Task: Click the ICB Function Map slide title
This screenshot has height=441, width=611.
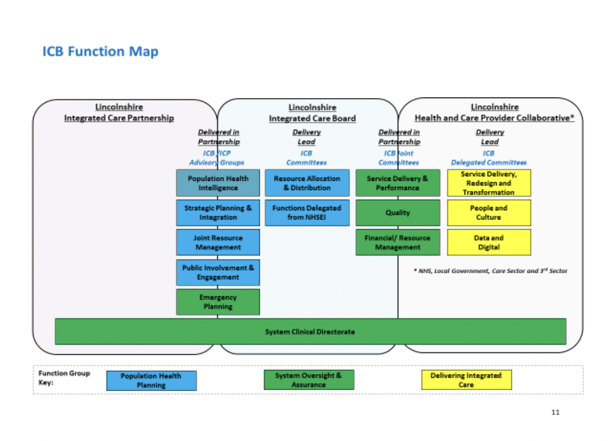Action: [100, 52]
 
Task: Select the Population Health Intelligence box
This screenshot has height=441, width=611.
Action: [218, 183]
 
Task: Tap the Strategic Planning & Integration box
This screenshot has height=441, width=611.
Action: [218, 213]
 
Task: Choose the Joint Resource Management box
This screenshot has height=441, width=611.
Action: [218, 242]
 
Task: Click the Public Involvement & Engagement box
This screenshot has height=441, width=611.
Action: [218, 272]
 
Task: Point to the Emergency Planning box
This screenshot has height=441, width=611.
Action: [218, 302]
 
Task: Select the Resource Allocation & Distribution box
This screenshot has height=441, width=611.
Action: [307, 183]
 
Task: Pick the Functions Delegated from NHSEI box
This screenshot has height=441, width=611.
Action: [307, 213]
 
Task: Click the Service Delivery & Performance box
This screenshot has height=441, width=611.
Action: [398, 183]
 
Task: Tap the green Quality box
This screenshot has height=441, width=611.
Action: [398, 213]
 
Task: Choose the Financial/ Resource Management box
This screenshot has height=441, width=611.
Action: [398, 242]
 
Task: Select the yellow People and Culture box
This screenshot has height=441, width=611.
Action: [488, 213]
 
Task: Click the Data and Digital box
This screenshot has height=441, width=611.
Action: [488, 242]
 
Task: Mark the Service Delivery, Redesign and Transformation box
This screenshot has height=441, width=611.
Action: [488, 183]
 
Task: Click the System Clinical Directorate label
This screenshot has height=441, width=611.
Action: [310, 332]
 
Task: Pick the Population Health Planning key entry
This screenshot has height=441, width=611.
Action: [151, 381]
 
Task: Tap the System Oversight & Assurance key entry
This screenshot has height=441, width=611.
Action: [309, 380]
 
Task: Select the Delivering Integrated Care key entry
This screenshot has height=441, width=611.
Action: [466, 380]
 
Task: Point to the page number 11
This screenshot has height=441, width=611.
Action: [555, 412]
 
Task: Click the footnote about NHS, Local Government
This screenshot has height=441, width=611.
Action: [491, 271]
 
